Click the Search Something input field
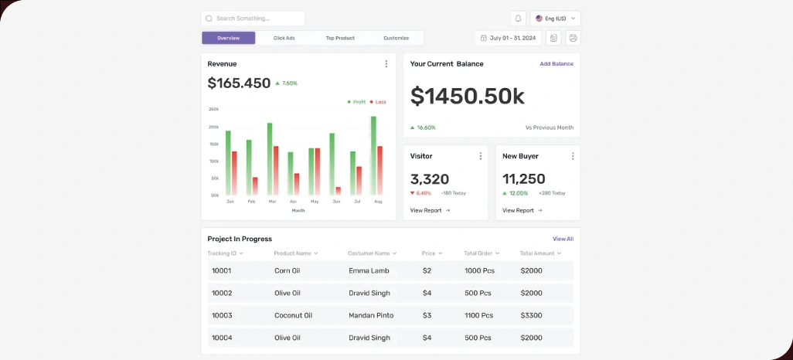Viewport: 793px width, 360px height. [x=253, y=19]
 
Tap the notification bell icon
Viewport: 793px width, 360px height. [x=518, y=19]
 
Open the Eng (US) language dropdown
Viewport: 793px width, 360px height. [x=555, y=19]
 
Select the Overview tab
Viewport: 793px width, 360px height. [x=228, y=38]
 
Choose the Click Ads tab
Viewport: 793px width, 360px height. [x=284, y=38]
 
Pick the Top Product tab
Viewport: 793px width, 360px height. [x=340, y=38]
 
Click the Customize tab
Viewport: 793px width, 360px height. [x=396, y=38]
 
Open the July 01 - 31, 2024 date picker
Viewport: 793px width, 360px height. [x=508, y=38]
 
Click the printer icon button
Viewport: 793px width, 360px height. [x=573, y=38]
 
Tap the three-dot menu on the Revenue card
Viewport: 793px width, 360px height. [x=386, y=64]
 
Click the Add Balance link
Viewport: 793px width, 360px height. [x=556, y=64]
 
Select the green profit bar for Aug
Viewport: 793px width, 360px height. [x=373, y=155]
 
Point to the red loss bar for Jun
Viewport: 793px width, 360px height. [x=338, y=191]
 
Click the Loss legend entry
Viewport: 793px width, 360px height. [x=378, y=102]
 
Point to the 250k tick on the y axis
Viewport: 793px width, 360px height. [x=214, y=110]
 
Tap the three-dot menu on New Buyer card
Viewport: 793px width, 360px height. [x=573, y=156]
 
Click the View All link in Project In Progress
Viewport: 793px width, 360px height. [x=563, y=239]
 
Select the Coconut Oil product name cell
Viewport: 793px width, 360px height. [x=293, y=315]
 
